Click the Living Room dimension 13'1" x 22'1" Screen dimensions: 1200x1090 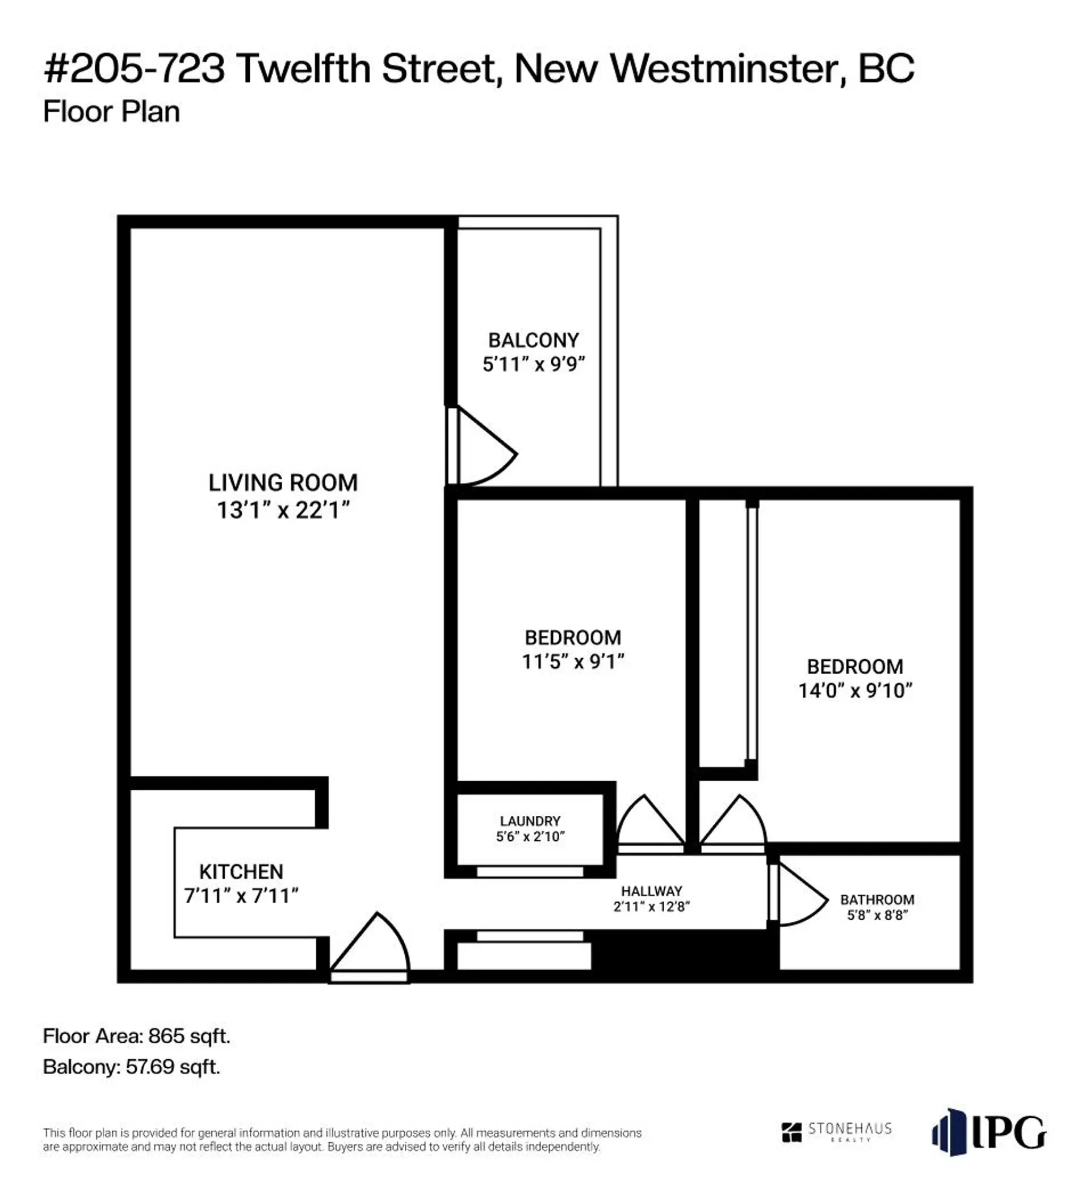pyautogui.click(x=283, y=510)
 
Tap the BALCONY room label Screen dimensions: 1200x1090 pyautogui.click(x=533, y=340)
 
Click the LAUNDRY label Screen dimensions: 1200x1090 pyautogui.click(x=530, y=821)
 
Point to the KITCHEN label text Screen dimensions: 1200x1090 pyautogui.click(x=241, y=871)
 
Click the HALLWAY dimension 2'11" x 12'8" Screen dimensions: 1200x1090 pyautogui.click(x=651, y=907)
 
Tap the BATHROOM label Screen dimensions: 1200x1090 pyautogui.click(x=877, y=899)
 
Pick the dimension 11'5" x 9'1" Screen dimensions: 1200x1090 pyautogui.click(x=572, y=662)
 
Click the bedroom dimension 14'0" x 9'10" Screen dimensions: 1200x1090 pyautogui.click(x=855, y=690)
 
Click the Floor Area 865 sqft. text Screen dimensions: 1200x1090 pyautogui.click(x=136, y=1036)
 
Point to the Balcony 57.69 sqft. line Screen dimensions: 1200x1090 pyautogui.click(x=131, y=1067)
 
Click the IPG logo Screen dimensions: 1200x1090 pyautogui.click(x=988, y=1131)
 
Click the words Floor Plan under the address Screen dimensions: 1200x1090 pyautogui.click(x=111, y=112)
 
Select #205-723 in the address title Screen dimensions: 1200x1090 pyautogui.click(x=135, y=69)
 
